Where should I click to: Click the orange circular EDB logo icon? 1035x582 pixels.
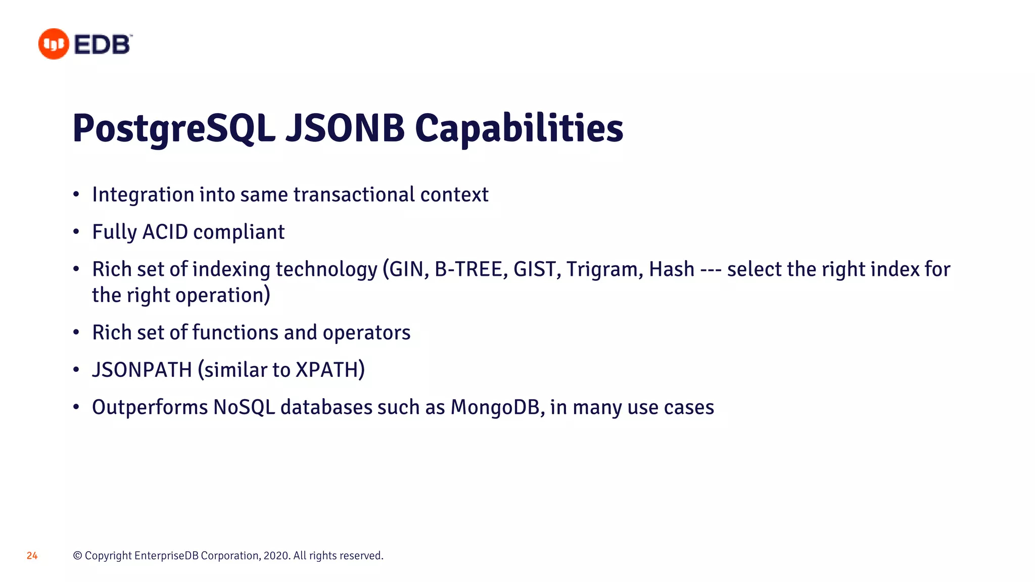click(54, 44)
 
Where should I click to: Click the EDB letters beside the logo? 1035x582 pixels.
click(102, 44)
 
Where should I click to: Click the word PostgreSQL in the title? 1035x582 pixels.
click(173, 128)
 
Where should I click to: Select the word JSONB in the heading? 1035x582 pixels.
click(345, 128)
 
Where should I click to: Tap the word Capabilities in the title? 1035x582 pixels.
click(519, 128)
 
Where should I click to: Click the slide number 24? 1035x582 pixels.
click(32, 556)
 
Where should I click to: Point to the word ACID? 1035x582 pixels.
click(165, 232)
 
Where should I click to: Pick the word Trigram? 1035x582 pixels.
click(604, 269)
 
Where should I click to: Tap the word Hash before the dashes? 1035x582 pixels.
click(672, 269)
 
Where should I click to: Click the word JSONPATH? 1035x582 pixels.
click(142, 370)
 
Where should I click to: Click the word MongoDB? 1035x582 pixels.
click(497, 408)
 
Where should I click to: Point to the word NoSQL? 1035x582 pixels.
click(244, 408)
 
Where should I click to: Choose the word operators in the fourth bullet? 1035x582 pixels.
click(366, 333)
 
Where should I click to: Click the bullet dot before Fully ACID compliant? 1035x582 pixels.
click(76, 232)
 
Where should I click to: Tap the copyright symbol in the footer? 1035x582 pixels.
click(77, 556)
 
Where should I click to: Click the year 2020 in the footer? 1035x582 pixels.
click(276, 556)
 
